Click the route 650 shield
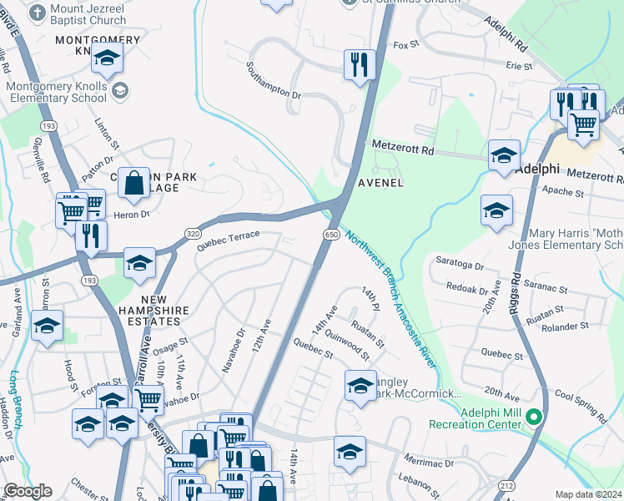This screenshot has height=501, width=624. (331, 236)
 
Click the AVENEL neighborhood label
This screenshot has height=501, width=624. (381, 182)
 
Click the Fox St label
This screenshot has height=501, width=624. (405, 45)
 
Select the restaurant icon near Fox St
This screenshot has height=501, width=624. (360, 64)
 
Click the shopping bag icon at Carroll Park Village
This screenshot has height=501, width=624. (133, 181)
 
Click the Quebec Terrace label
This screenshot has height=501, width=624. (229, 240)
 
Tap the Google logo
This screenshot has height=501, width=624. (27, 491)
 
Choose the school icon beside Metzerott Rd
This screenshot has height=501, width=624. (504, 155)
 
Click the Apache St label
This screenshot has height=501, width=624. (564, 193)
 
